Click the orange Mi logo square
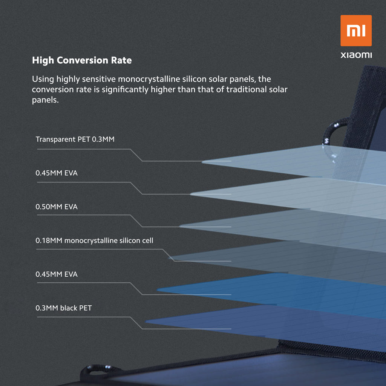[x=356, y=31]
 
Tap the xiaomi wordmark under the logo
[x=356, y=55]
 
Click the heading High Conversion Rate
[x=82, y=60]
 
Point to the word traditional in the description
[x=247, y=90]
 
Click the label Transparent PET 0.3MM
[x=75, y=139]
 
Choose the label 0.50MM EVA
[x=57, y=207]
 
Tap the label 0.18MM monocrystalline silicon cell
[x=94, y=240]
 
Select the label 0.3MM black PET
[x=63, y=308]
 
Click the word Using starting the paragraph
[x=43, y=80]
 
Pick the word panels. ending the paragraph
[x=45, y=101]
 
